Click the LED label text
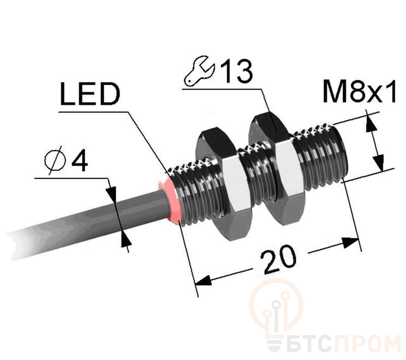[90, 94]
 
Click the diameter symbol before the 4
[54, 160]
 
